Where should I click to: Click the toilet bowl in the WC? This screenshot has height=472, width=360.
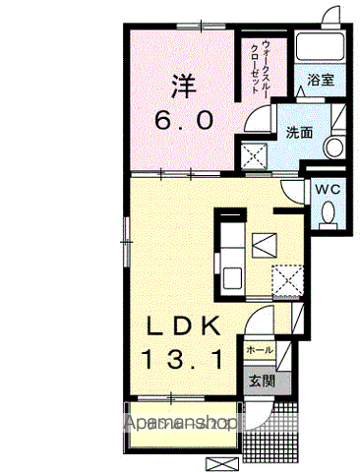330,212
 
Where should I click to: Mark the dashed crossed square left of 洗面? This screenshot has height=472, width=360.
255,155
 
